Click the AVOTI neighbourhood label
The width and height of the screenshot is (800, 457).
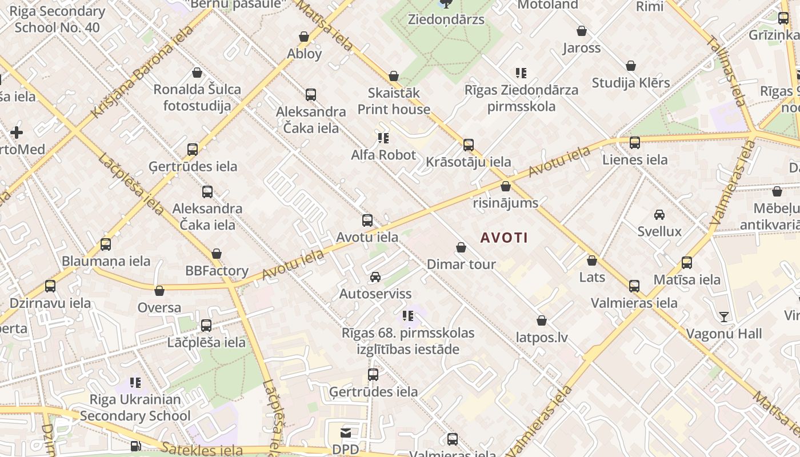(504, 238)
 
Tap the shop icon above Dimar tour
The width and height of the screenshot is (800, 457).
(461, 247)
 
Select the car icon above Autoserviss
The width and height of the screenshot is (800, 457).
(375, 277)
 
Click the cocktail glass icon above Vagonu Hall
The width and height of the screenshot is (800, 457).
(724, 316)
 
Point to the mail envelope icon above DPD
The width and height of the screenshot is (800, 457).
(345, 432)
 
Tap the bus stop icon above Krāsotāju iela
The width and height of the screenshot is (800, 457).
(469, 145)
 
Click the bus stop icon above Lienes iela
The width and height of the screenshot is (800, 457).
(635, 143)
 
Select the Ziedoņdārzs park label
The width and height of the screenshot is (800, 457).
(446, 19)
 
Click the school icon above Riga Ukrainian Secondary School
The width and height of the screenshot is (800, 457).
(135, 382)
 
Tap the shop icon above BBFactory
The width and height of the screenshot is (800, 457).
(217, 254)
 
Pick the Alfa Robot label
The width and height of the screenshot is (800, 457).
(383, 155)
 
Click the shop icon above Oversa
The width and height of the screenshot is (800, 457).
(159, 291)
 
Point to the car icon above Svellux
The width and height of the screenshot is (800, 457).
(659, 215)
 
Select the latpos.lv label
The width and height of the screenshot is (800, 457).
(542, 338)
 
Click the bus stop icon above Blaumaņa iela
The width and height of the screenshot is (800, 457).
(106, 244)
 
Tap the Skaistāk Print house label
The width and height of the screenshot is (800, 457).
(394, 101)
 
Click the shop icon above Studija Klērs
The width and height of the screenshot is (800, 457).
(631, 66)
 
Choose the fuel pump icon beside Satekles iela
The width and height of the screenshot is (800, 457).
(135, 446)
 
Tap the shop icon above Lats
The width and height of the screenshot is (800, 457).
(592, 260)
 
